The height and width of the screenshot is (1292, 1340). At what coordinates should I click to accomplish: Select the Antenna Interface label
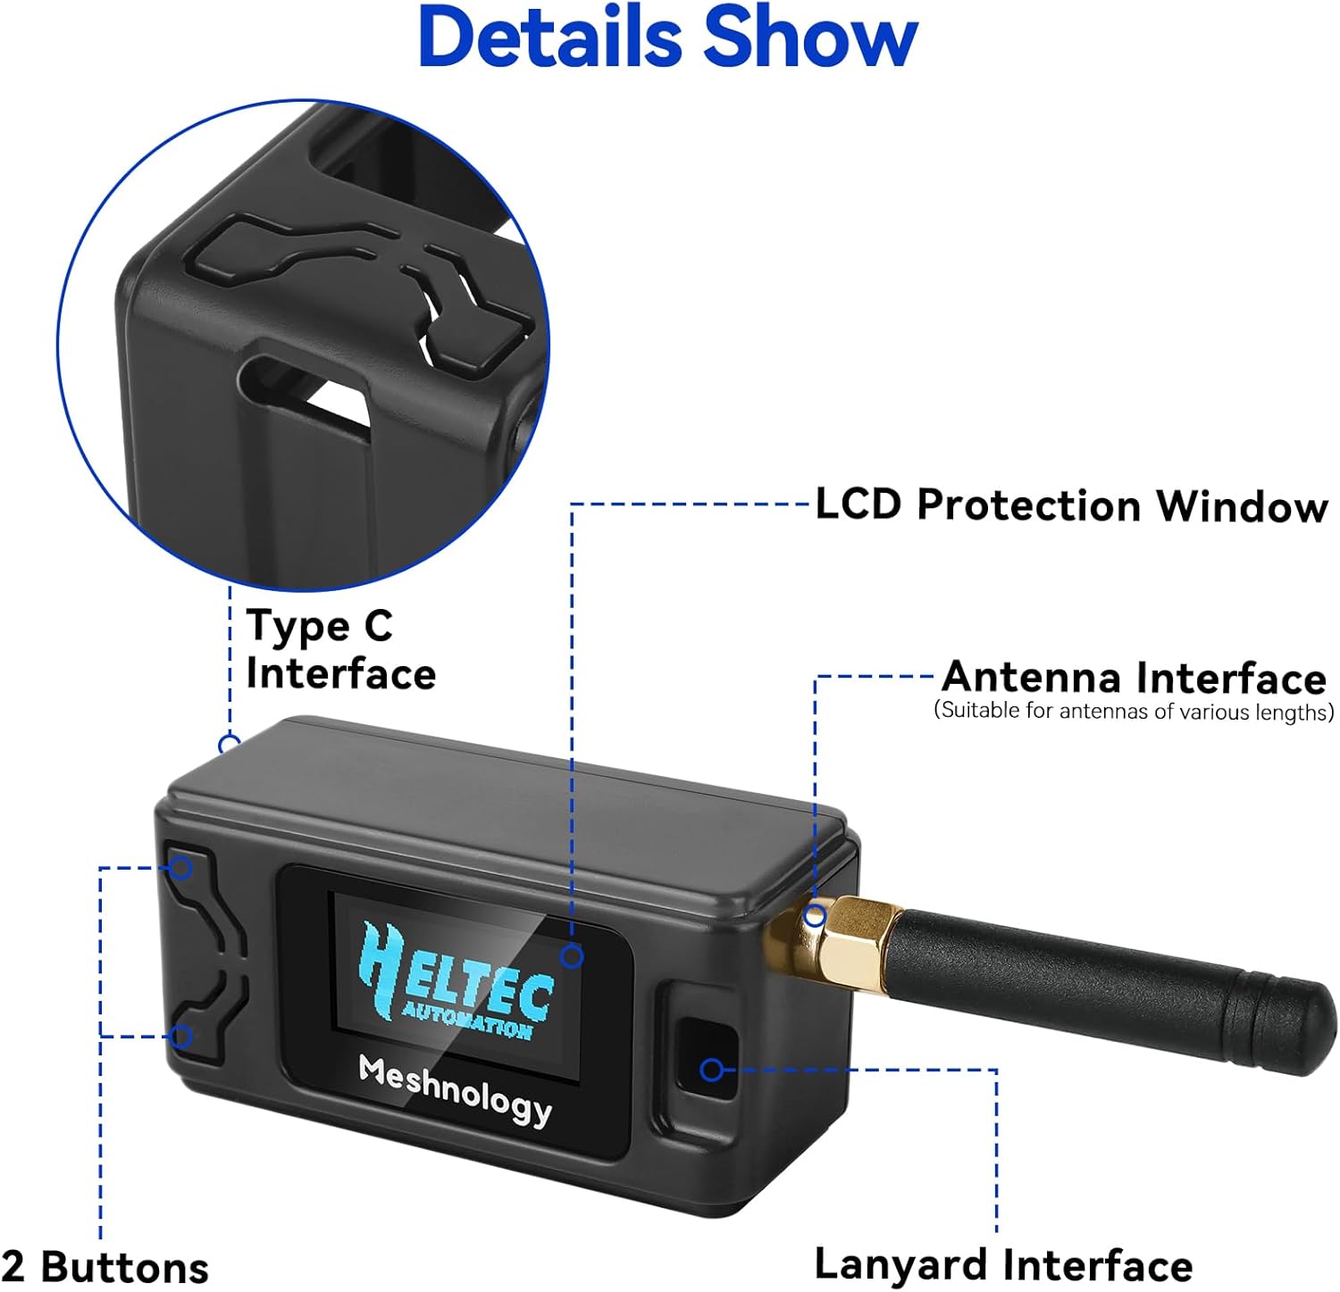coord(1135,678)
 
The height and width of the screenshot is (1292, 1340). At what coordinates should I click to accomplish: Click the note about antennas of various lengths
coord(1134,712)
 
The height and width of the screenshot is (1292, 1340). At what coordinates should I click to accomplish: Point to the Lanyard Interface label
coord(1003,1265)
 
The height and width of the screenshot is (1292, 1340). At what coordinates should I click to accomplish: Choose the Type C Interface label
coord(339,649)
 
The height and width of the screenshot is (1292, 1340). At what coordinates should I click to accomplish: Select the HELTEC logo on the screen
coord(456,978)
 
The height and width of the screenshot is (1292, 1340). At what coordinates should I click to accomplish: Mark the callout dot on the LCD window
coord(572,957)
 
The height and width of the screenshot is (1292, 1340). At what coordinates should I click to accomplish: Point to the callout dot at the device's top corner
coord(230,743)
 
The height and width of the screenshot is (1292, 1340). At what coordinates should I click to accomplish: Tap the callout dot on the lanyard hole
coord(712,1069)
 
